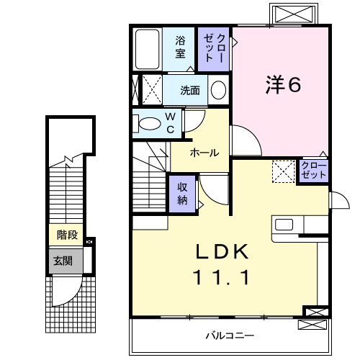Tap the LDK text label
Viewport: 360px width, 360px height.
point(223,252)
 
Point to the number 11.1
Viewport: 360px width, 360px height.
point(223,277)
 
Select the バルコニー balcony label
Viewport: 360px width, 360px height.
point(230,336)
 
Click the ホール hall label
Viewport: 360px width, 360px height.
point(204,153)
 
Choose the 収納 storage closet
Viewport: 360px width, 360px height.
point(183,192)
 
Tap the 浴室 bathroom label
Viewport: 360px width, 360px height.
point(181,48)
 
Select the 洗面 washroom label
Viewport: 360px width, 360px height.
point(190,90)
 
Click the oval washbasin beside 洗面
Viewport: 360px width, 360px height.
point(219,90)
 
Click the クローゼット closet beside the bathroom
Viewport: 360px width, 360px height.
point(215,48)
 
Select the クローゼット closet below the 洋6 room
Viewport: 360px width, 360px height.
point(313,171)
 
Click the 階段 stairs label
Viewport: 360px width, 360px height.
point(67,235)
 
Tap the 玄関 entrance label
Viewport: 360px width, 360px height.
point(61,260)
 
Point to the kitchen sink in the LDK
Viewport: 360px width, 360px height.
point(284,224)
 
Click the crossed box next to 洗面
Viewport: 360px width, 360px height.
point(150,90)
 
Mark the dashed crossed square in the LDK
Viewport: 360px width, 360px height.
point(283,171)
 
